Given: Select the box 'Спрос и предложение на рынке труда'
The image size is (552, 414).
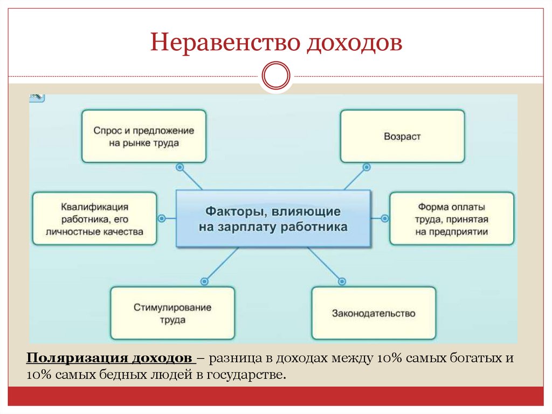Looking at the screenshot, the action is click(x=144, y=137).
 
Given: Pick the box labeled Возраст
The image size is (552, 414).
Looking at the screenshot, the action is click(x=402, y=137).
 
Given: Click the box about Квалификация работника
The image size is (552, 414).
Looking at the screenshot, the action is click(x=94, y=219).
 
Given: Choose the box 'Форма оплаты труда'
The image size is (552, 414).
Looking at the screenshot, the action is click(x=452, y=219).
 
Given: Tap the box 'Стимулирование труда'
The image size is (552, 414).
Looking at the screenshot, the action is click(x=172, y=313).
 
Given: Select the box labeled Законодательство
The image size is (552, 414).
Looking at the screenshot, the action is click(x=374, y=313).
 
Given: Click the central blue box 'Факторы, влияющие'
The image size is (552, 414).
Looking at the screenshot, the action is click(x=273, y=219).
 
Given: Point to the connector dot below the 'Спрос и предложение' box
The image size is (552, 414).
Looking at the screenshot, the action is click(x=180, y=167).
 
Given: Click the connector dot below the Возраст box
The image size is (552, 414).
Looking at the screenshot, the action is click(x=367, y=167).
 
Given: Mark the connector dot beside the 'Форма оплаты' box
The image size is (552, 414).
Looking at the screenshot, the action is click(x=385, y=219).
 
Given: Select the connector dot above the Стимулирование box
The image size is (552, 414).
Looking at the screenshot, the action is click(x=204, y=281).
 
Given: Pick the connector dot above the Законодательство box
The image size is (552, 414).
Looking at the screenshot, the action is click(x=342, y=281).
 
